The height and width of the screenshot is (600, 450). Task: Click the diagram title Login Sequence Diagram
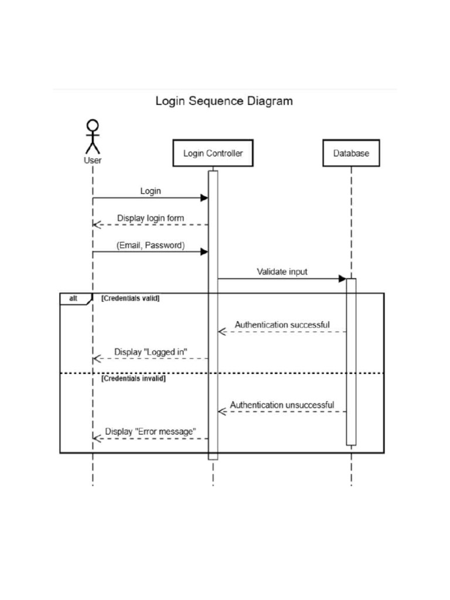pyautogui.click(x=224, y=101)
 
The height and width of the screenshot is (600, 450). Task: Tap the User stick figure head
pyautogui.click(x=93, y=125)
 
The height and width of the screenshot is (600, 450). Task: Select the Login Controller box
pyautogui.click(x=213, y=153)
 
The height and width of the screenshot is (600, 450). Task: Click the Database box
pyautogui.click(x=351, y=153)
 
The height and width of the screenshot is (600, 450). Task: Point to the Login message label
pyautogui.click(x=151, y=191)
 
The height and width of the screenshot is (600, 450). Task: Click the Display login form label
pyautogui.click(x=151, y=218)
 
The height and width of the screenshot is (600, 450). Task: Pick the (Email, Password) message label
pyautogui.click(x=151, y=246)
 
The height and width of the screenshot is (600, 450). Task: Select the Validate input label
pyautogui.click(x=282, y=272)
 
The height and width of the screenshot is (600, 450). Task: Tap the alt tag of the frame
pyautogui.click(x=74, y=298)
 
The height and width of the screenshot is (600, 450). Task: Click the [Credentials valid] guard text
pyautogui.click(x=131, y=298)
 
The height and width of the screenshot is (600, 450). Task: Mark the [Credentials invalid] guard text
pyautogui.click(x=134, y=379)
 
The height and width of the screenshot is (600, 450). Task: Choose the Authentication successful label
pyautogui.click(x=282, y=325)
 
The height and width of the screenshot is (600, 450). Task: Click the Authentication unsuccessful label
pyautogui.click(x=282, y=405)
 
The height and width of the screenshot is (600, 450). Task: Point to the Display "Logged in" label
pyautogui.click(x=151, y=352)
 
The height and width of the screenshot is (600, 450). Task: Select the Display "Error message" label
pyautogui.click(x=151, y=432)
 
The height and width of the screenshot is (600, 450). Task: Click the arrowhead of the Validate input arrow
pyautogui.click(x=342, y=279)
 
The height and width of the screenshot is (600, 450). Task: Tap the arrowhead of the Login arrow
pyautogui.click(x=204, y=198)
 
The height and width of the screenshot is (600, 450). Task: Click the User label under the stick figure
pyautogui.click(x=93, y=160)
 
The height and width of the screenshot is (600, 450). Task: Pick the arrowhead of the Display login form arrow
pyautogui.click(x=97, y=224)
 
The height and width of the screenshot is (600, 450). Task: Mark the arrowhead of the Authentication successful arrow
pyautogui.click(x=222, y=332)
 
